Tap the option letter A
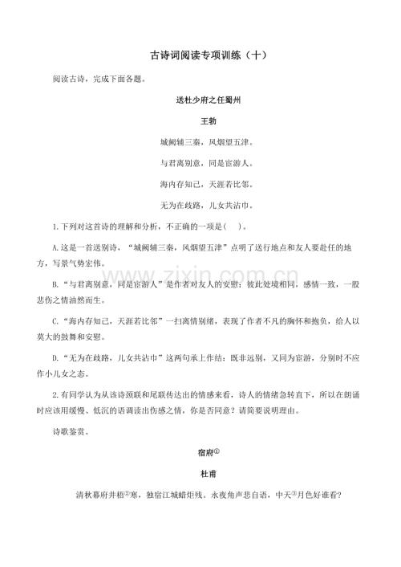point(55,247)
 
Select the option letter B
point(55,283)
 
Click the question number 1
point(54,226)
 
